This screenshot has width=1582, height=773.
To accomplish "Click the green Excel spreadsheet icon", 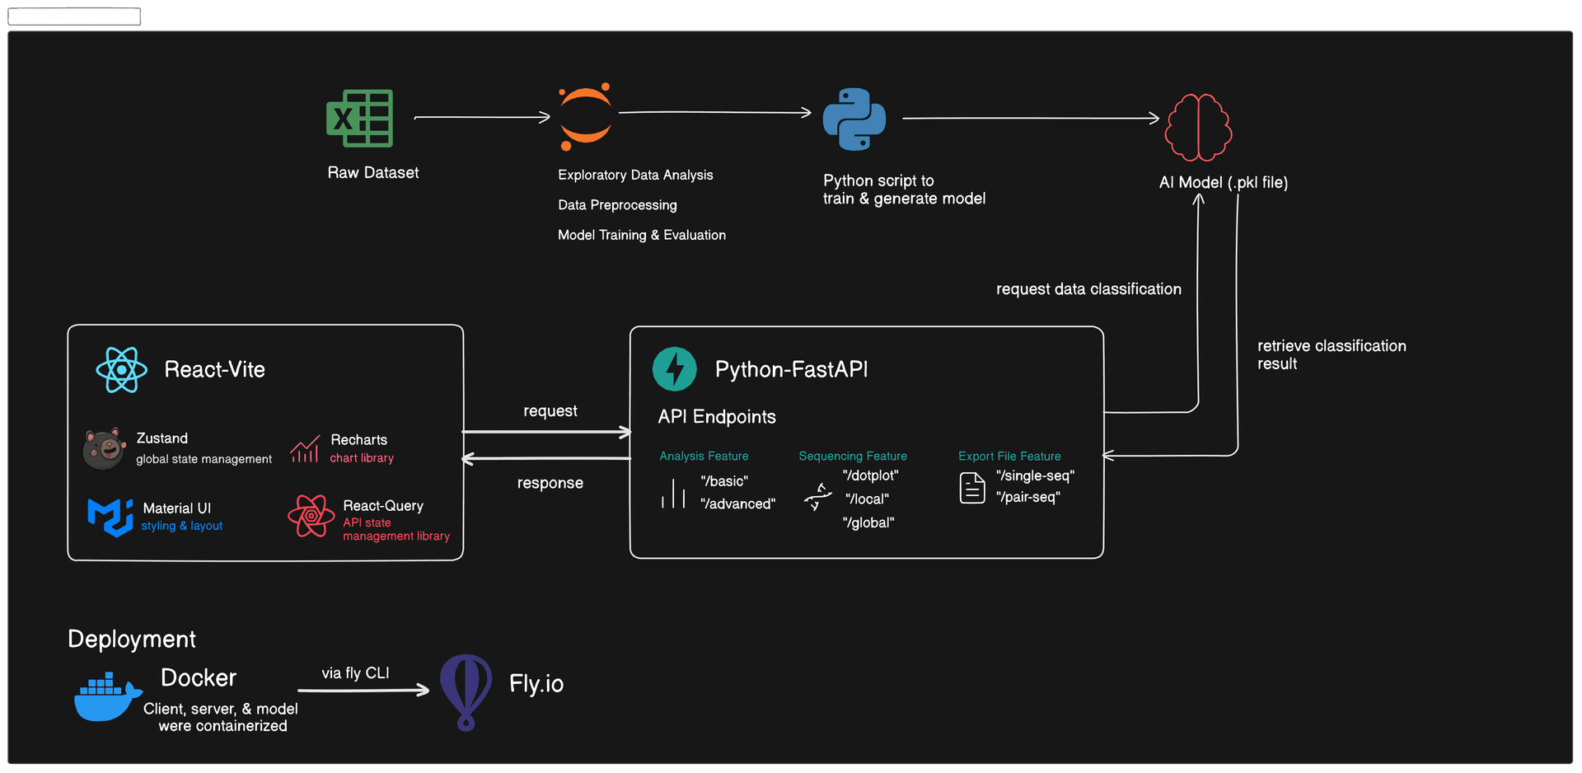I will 359,118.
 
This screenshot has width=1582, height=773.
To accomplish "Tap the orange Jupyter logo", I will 586,116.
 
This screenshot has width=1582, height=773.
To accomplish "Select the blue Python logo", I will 854,119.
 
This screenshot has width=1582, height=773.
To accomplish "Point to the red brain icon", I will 1198,127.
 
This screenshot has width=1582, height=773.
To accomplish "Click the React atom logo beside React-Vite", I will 121,370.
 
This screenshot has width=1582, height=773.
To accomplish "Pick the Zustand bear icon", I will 104,448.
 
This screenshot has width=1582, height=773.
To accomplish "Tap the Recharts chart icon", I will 305,448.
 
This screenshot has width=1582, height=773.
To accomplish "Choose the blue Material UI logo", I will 110,517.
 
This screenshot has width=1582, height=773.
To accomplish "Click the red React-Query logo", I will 311,516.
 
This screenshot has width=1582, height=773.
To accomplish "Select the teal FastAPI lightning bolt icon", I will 674,368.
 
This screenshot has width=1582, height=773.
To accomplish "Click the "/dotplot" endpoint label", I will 870,476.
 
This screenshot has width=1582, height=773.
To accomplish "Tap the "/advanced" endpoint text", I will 737,504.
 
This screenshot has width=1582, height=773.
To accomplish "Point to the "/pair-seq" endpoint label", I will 1027,497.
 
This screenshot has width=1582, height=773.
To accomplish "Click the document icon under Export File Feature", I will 972,488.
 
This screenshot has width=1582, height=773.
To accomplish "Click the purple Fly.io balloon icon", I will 466,691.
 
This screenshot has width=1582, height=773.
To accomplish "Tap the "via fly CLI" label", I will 355,673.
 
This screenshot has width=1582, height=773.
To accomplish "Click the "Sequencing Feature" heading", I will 853,456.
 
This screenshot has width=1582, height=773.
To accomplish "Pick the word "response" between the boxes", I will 550,483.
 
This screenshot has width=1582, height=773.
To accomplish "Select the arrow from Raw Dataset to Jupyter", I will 482,118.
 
